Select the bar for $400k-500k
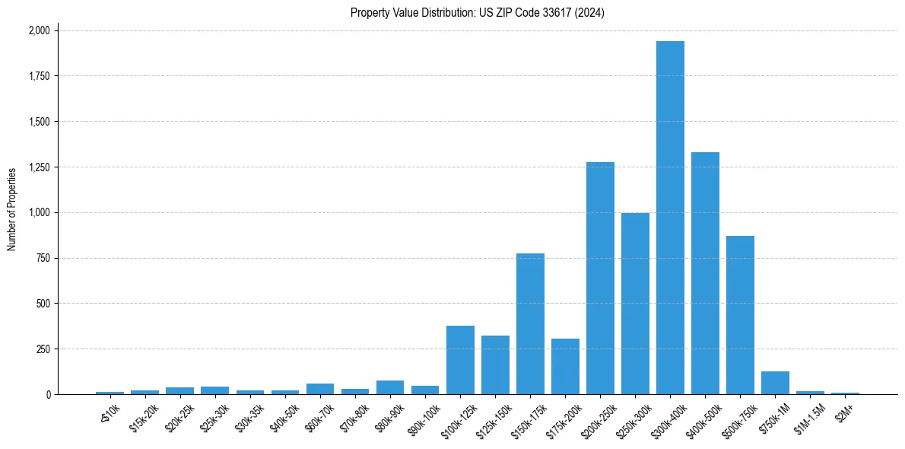705,273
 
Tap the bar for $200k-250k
600,279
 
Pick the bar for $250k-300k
635,304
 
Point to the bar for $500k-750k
740,315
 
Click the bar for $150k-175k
530,324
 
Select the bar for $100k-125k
460,360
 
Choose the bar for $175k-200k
565,367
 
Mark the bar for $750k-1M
775,383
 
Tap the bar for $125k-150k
495,365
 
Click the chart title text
477,13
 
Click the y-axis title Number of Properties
12,209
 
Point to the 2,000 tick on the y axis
39,30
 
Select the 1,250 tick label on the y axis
39,167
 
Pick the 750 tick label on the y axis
43,258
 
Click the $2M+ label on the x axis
845,412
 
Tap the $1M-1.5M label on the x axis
808,416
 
